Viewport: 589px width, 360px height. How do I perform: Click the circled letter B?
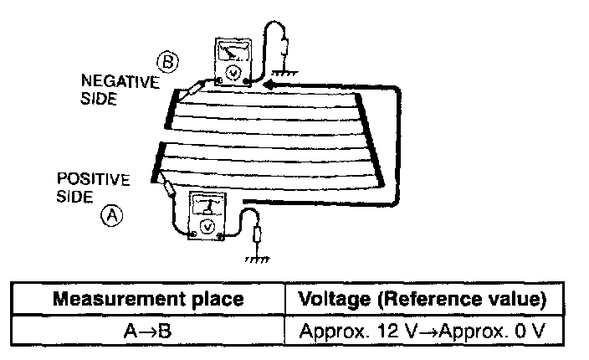pyautogui.click(x=166, y=60)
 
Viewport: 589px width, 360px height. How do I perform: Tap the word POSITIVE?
pyautogui.click(x=94, y=180)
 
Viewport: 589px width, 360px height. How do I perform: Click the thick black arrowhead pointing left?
pyautogui.click(x=269, y=85)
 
